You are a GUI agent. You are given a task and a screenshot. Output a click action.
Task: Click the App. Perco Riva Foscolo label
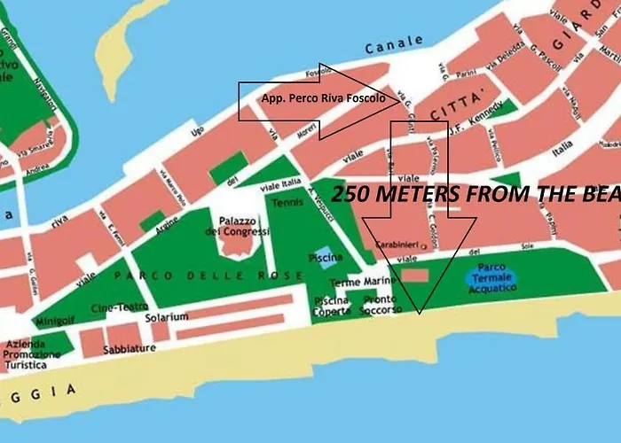[323, 98]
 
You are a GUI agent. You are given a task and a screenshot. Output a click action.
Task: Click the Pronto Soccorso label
[382, 306]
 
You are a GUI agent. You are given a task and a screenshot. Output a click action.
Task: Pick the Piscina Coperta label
[331, 306]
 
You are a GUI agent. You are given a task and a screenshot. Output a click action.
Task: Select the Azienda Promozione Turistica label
[33, 354]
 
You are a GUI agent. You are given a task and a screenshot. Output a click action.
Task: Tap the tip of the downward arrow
[420, 311]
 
